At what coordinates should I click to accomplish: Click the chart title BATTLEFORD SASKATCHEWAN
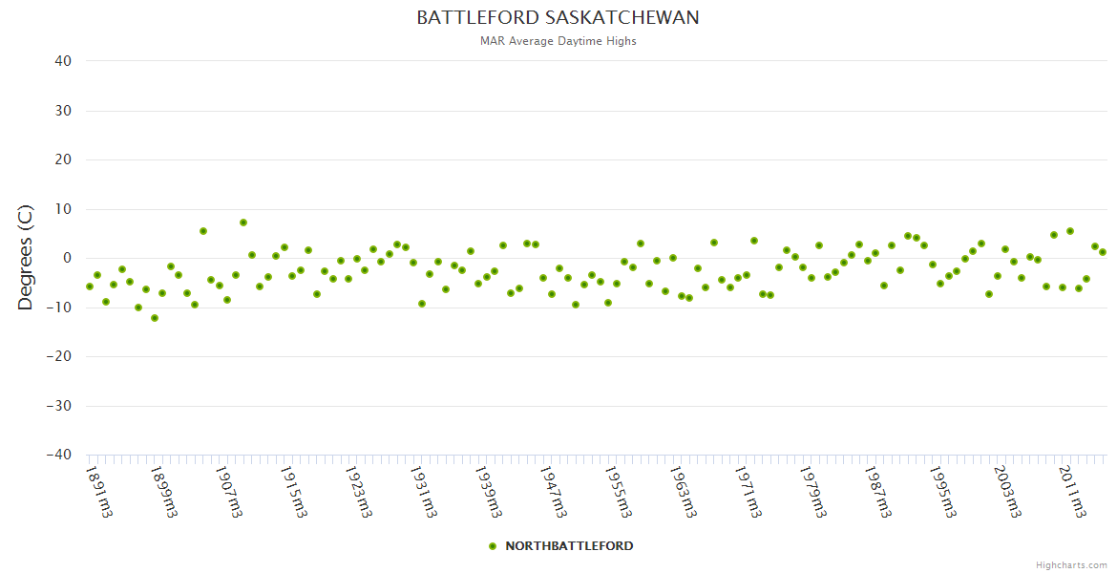tap(558, 18)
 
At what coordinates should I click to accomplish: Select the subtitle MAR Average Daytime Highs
tap(558, 41)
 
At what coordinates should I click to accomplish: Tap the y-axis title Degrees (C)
tap(26, 258)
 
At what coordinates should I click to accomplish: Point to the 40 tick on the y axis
tap(63, 61)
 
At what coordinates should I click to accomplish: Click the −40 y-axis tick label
tap(58, 455)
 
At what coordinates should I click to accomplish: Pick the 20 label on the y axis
tap(63, 159)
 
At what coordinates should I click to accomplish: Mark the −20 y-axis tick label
tap(58, 356)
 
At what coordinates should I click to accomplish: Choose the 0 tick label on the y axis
tap(67, 258)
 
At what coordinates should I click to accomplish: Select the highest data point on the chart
tap(243, 223)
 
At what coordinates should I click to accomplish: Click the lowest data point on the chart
tap(155, 318)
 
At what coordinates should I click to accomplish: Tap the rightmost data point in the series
tap(1103, 252)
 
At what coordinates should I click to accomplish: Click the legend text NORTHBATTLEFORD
tap(569, 546)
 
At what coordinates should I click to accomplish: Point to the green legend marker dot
tap(493, 546)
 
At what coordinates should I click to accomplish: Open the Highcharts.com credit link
tap(1071, 564)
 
